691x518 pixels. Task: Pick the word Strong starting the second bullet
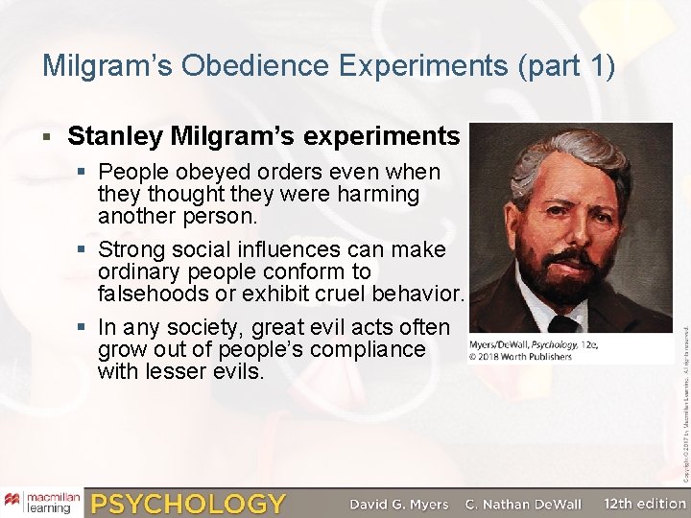tap(132, 249)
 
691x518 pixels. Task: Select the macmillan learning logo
tap(41, 502)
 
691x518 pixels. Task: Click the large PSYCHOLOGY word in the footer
tap(188, 503)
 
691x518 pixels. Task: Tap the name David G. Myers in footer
tap(397, 504)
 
